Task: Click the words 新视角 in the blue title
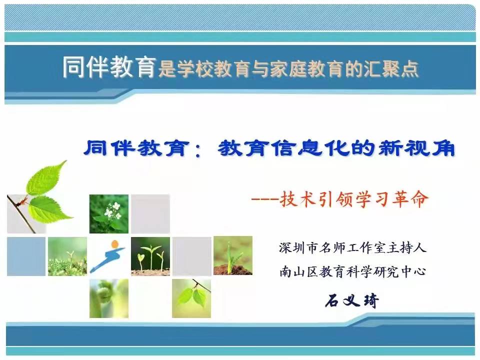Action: point(416,148)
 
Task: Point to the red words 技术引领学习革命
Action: point(354,199)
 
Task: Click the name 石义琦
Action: point(352,300)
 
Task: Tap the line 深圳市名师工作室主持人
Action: point(352,247)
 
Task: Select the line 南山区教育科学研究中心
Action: point(352,271)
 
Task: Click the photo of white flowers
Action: point(109,213)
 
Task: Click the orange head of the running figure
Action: point(115,244)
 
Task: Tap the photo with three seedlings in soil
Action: point(150,256)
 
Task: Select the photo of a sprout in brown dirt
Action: point(233,255)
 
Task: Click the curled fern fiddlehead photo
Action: point(109,298)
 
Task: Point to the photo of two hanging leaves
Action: point(191,298)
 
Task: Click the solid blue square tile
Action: point(26,256)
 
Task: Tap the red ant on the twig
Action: point(22,201)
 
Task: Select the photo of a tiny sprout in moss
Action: point(67,256)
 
